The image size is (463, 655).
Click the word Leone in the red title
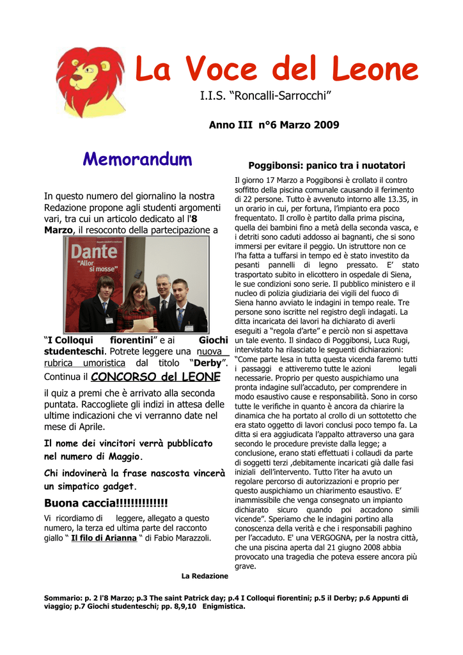tap(371, 70)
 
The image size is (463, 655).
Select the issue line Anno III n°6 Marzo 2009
tap(274, 125)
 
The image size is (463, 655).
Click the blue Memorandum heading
tap(137, 159)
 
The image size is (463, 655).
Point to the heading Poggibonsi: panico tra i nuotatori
tap(327, 165)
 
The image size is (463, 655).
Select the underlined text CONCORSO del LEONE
tap(155, 377)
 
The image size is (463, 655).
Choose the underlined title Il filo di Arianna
tap(104, 538)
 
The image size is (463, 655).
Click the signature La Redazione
tap(205, 576)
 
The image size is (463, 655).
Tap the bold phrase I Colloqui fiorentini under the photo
tap(99, 340)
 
